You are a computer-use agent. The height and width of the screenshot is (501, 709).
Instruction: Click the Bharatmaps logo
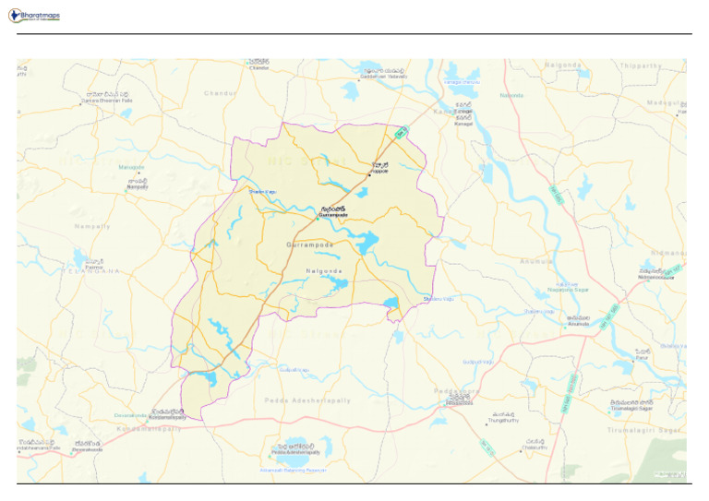34,16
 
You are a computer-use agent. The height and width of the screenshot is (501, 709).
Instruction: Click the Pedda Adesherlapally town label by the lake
295,450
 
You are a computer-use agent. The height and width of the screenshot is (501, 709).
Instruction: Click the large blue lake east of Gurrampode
367,243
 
